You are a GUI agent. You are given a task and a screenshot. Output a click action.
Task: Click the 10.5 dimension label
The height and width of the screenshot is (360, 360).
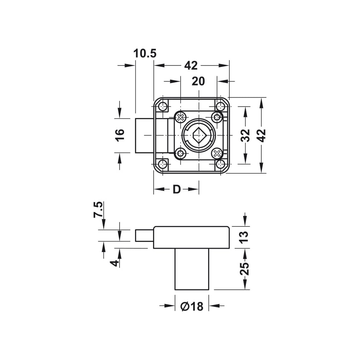coord(145,53)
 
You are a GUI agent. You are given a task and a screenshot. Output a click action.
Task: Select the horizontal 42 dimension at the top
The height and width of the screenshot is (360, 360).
coord(191,66)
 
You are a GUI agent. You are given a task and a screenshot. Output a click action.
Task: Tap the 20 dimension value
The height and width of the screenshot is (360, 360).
coord(198,81)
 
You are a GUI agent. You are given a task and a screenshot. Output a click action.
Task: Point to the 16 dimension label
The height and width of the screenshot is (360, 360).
coord(120,135)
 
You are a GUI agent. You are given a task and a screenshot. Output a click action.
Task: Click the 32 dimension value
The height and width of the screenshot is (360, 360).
coord(245,135)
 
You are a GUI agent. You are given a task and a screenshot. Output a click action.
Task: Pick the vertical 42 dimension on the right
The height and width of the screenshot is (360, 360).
coord(262,135)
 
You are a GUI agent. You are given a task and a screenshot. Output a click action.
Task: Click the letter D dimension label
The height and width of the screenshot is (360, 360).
coord(176,189)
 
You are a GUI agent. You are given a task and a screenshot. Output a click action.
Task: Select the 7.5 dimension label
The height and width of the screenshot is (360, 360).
coord(98,210)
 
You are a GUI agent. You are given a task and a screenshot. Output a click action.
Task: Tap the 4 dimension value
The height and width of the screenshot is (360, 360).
coord(114,263)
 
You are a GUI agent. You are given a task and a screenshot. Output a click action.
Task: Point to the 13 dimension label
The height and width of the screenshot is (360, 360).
coord(244,237)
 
